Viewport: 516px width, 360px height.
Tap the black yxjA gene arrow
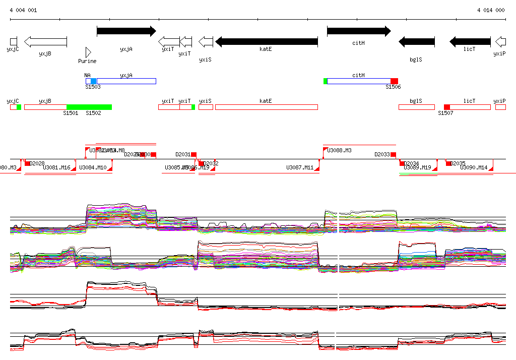click(x=126, y=31)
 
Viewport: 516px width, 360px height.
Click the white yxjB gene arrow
click(x=45, y=41)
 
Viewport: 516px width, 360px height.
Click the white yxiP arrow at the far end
click(x=500, y=41)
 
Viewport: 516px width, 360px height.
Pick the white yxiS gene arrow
click(x=206, y=41)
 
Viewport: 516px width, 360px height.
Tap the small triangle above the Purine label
click(x=88, y=52)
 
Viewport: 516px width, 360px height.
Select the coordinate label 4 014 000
click(x=491, y=10)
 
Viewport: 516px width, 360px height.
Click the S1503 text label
click(x=93, y=87)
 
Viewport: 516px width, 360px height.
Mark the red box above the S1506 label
click(x=394, y=81)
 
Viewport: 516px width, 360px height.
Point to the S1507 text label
click(x=445, y=113)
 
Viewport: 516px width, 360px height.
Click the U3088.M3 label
click(x=340, y=150)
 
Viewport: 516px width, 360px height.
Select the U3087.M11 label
click(x=300, y=167)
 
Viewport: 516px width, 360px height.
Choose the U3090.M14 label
click(x=474, y=167)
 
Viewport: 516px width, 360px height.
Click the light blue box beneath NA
click(x=93, y=81)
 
